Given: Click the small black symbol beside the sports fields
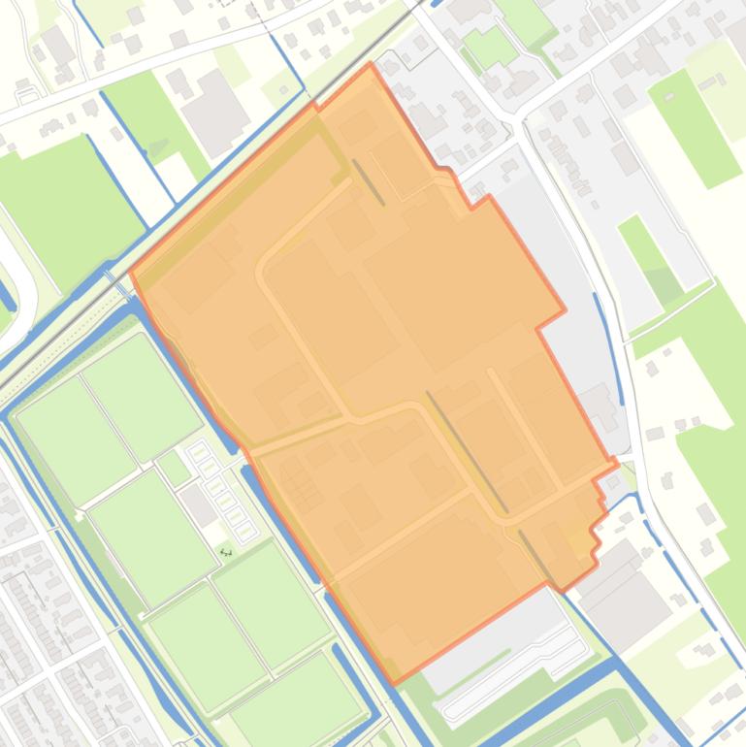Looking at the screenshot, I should coord(226,552).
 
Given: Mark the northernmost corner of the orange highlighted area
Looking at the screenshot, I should coord(370,65).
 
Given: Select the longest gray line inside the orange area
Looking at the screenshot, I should coord(467,451).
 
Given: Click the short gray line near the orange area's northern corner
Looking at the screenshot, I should coord(368,182).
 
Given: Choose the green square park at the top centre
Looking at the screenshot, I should coord(489,46).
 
